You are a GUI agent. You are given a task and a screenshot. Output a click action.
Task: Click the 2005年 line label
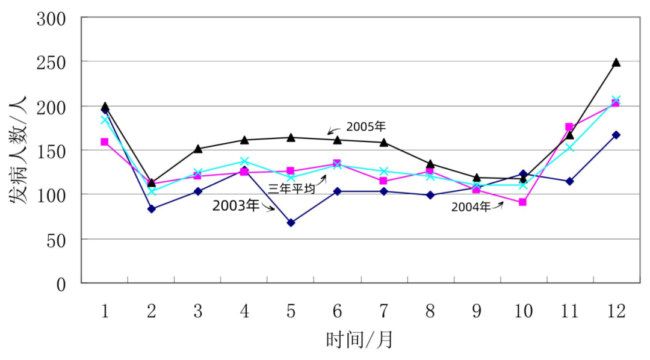click(x=365, y=127)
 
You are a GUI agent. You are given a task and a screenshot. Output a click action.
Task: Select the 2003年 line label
click(x=235, y=205)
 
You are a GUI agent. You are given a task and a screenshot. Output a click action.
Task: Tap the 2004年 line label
click(x=471, y=207)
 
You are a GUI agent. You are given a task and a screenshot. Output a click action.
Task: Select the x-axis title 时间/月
click(x=359, y=340)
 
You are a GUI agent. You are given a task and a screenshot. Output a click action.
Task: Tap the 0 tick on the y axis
click(x=61, y=284)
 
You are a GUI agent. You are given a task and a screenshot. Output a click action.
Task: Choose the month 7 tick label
click(x=383, y=311)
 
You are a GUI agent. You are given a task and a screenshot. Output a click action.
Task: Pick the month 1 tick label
click(x=105, y=311)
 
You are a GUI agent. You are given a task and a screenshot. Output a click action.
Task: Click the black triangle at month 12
click(x=616, y=63)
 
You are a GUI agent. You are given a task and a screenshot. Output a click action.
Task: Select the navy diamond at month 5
click(x=291, y=223)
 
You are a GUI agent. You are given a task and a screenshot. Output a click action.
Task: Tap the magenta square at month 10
click(x=522, y=202)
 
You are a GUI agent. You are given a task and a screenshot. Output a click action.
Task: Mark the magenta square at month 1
click(x=105, y=142)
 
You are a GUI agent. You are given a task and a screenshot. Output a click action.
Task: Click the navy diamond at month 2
click(x=151, y=209)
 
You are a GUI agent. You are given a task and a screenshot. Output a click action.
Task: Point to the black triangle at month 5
click(x=291, y=138)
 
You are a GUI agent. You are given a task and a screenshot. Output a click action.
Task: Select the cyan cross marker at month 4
click(x=244, y=161)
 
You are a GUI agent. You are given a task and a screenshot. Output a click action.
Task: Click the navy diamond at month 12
click(x=616, y=135)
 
